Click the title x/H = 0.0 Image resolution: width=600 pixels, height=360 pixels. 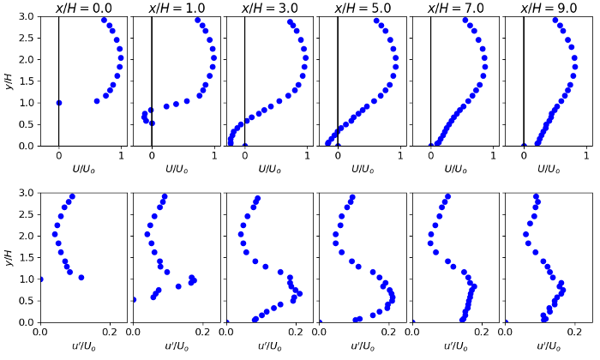83,9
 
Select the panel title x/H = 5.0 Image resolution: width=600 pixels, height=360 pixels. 362,9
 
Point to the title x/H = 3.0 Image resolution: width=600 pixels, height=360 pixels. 268,9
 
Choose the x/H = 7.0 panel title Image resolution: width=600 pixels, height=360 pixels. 455,9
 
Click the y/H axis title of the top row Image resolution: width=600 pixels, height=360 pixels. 8,81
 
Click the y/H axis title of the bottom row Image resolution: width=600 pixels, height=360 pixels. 8,257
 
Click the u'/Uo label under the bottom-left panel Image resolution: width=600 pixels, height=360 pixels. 83,346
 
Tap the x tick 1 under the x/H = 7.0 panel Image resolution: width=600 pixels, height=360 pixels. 494,157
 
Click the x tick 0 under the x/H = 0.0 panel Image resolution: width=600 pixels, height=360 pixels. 58,157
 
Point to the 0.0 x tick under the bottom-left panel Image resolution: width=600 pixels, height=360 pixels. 39,333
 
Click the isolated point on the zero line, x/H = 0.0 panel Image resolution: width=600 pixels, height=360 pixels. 58,103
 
